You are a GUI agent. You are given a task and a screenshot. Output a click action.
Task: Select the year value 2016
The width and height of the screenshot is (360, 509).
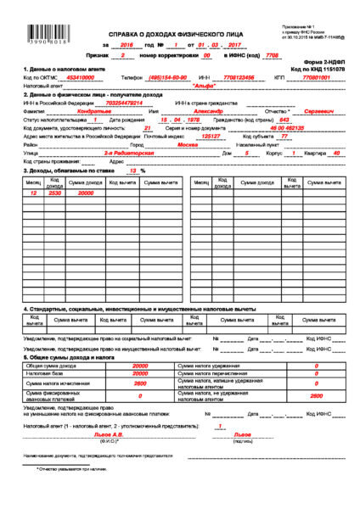(128, 43)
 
